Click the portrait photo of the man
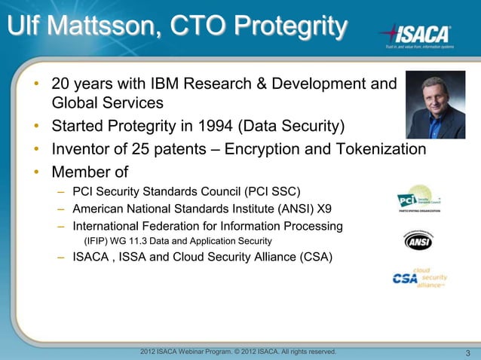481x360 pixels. tap(435, 105)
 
